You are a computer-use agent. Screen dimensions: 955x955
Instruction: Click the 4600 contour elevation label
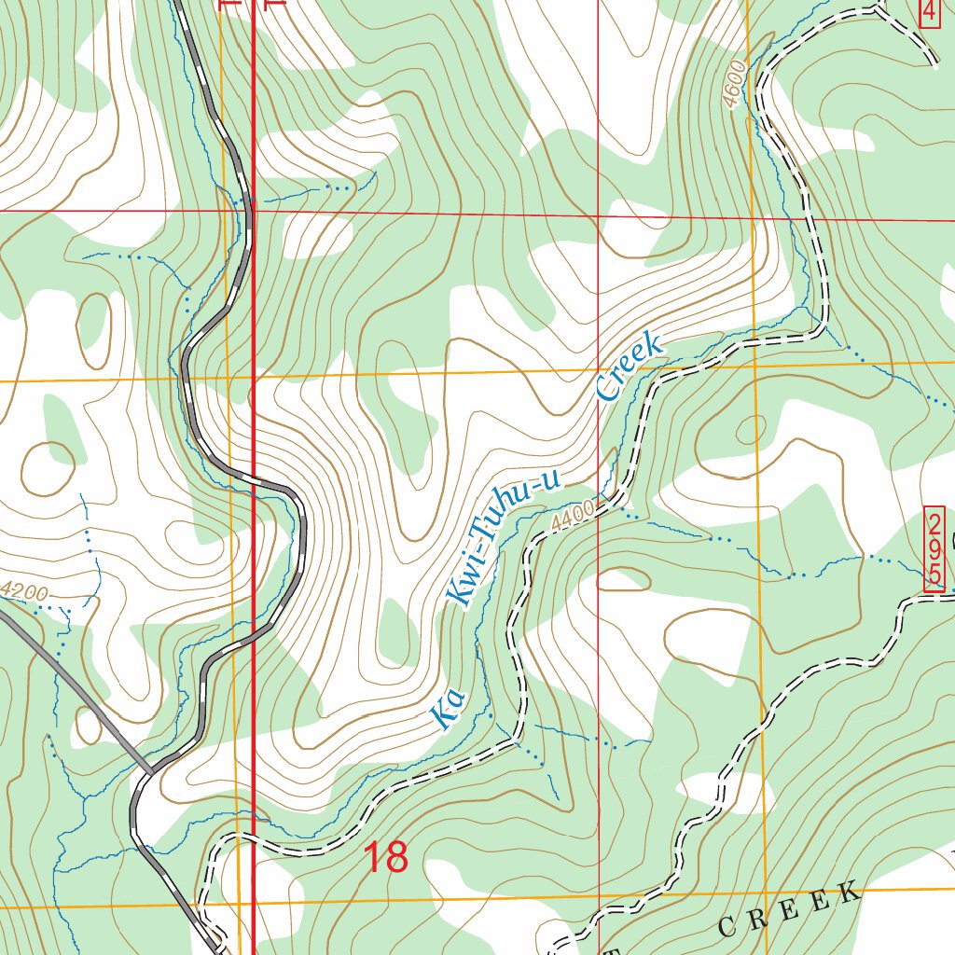(736, 84)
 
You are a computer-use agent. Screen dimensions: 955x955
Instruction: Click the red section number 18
(385, 857)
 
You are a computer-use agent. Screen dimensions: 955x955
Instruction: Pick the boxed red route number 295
(934, 549)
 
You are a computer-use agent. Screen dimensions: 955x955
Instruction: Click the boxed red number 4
(930, 12)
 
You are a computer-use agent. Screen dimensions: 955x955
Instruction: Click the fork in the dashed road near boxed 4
(882, 10)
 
